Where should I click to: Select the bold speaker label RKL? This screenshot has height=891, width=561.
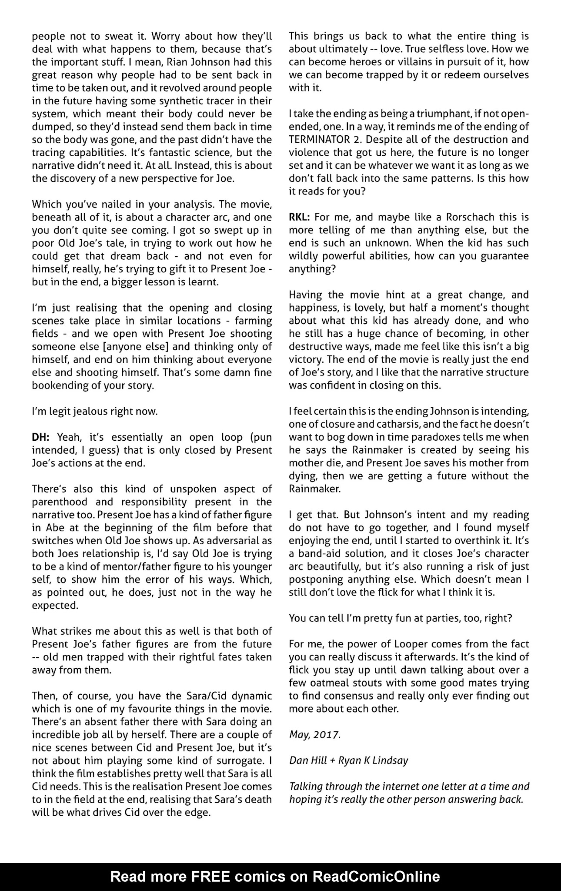coord(299,217)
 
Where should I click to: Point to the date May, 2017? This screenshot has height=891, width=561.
coord(315,734)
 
